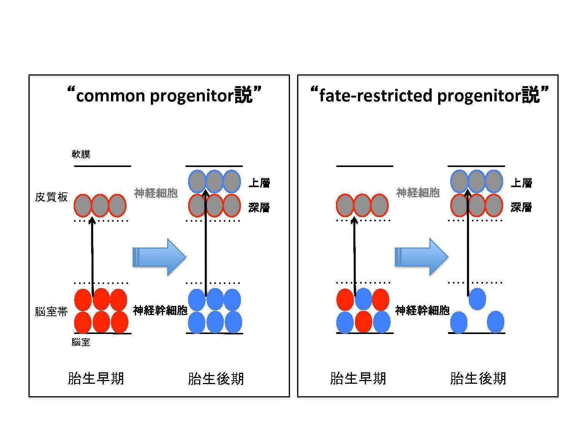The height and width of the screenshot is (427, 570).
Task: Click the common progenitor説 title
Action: point(164,95)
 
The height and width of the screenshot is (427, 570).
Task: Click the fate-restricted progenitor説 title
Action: point(429,95)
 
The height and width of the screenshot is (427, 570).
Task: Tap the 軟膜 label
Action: point(81,154)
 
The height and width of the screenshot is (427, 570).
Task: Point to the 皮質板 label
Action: point(51,197)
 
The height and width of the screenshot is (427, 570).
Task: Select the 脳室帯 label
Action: point(51,312)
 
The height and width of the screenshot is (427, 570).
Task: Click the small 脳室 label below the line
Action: point(81,342)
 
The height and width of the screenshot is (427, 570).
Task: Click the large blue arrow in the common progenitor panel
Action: point(159,257)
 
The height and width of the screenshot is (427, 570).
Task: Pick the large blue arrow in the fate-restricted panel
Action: point(421,257)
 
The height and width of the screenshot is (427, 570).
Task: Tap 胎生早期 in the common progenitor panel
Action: point(96,378)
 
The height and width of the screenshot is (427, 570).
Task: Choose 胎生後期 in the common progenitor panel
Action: point(216,378)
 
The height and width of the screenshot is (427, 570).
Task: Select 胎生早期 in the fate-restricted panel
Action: point(358,378)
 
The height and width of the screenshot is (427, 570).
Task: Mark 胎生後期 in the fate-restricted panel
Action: point(478,378)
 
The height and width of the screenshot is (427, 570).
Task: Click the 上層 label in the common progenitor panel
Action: point(259,183)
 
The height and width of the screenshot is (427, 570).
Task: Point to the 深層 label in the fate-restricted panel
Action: point(521,207)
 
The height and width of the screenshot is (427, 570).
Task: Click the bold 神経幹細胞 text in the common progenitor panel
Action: point(160,310)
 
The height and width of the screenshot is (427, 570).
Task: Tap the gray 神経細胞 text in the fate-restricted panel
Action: point(418,193)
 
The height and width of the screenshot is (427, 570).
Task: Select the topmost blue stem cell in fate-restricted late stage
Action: point(477,299)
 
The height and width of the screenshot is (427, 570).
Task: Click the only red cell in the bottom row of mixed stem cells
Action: point(363,322)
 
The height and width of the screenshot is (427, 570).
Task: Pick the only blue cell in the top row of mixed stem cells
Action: point(364,299)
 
